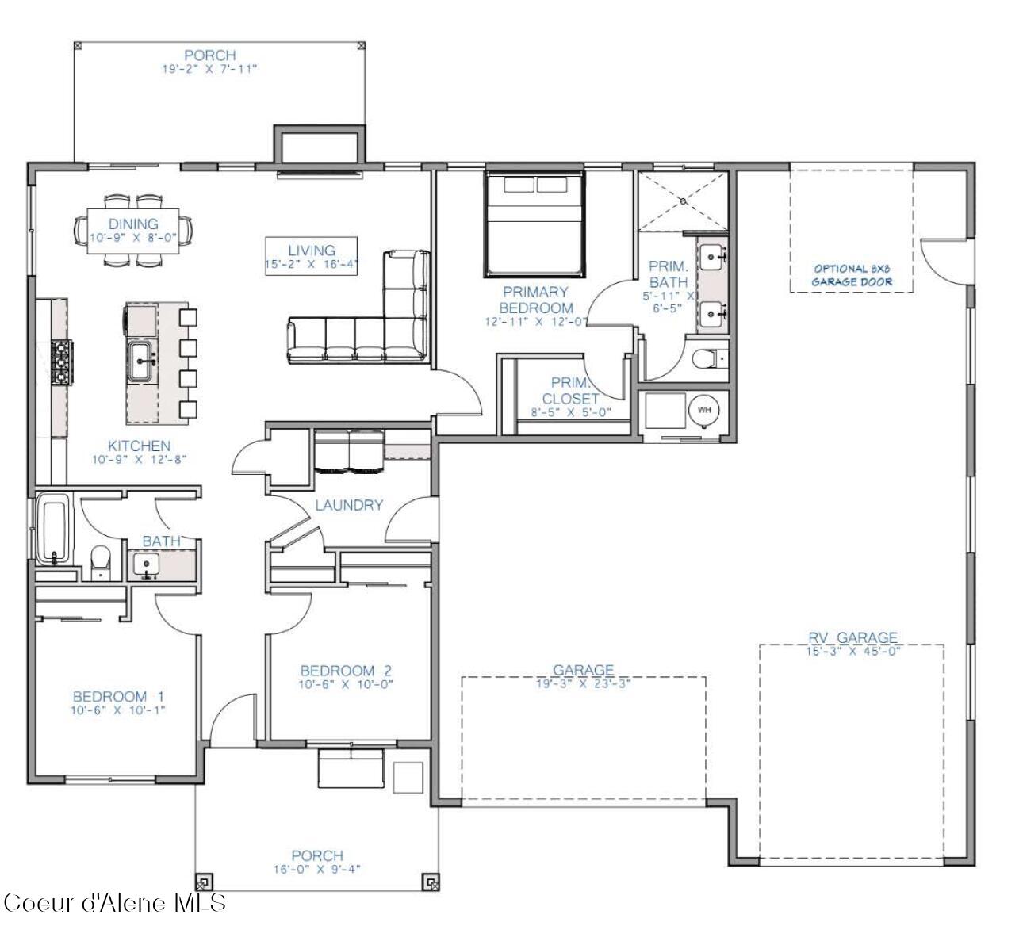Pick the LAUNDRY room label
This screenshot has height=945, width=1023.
[349, 505]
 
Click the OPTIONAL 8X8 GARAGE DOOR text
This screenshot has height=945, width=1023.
[852, 275]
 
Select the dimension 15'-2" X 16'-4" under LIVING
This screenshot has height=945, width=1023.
[312, 265]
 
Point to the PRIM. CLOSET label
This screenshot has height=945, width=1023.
[569, 391]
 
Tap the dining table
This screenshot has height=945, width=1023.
[133, 230]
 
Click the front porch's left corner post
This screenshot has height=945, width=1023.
[204, 881]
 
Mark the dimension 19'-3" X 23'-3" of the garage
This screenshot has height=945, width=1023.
[583, 683]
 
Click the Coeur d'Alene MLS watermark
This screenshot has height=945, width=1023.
[116, 902]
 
